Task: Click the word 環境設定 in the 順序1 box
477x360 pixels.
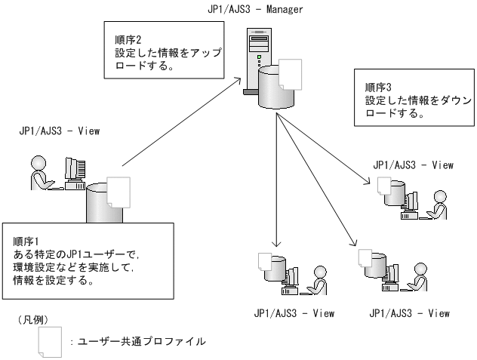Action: (37, 267)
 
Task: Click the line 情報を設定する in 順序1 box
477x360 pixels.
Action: (53, 281)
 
